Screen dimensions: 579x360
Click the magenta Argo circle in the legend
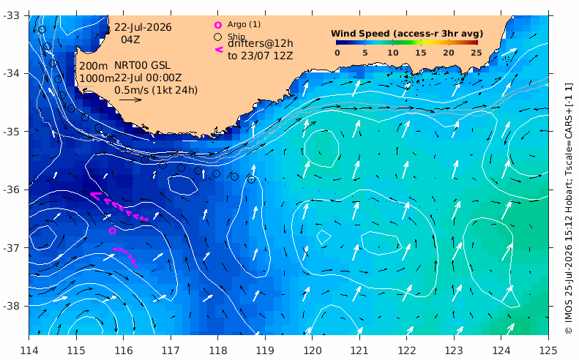tap(218, 25)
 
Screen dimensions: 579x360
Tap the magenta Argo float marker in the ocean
tap(113, 230)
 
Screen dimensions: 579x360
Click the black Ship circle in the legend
tap(218, 37)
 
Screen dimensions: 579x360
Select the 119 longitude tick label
tap(265, 350)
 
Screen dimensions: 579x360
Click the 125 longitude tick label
tap(548, 350)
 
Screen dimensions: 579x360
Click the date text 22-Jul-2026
tap(143, 27)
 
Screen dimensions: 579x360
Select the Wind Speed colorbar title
tap(407, 34)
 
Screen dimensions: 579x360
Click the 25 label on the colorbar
tap(476, 53)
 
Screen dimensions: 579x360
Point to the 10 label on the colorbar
tap(392, 53)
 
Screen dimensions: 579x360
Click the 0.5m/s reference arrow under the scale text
tap(131, 100)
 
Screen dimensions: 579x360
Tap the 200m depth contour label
tap(94, 66)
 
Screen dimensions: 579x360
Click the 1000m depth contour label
tap(97, 78)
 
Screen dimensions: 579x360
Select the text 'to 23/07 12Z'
tap(261, 56)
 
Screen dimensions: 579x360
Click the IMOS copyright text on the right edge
tap(569, 209)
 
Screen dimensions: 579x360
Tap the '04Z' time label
tap(130, 40)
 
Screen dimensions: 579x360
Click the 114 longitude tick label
tap(29, 350)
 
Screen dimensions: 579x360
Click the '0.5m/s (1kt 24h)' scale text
tap(156, 90)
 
